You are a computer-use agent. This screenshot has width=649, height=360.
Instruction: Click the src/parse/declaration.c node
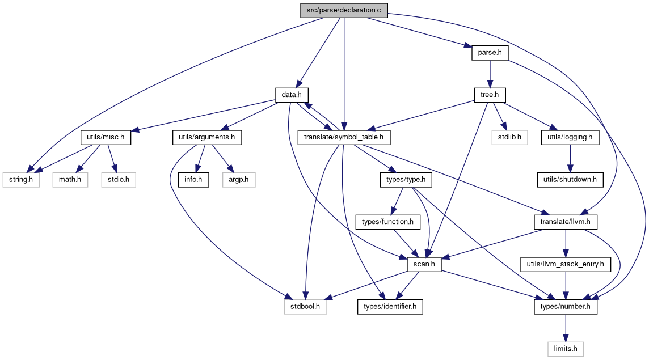(344, 10)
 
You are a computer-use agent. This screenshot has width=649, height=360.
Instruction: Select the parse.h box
(490, 53)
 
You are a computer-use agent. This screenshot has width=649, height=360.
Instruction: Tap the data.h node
(292, 95)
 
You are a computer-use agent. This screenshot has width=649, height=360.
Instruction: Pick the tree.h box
(490, 95)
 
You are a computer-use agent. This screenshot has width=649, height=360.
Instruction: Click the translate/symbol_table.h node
(344, 137)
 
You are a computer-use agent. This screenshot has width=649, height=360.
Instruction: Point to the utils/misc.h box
(106, 137)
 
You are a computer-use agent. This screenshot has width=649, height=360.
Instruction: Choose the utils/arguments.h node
(207, 137)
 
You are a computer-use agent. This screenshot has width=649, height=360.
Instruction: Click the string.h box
(21, 180)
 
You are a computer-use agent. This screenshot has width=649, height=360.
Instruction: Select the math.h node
(70, 180)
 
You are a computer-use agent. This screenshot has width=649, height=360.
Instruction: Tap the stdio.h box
(119, 180)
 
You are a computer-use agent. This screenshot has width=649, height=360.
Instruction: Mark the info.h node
(193, 180)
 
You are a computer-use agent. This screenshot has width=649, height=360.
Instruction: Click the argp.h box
(239, 180)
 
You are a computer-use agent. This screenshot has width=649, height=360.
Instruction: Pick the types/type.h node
(406, 180)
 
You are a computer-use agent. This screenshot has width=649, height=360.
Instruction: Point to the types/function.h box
(388, 222)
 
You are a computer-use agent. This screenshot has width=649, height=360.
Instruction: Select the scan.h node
(424, 264)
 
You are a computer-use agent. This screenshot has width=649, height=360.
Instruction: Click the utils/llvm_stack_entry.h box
(566, 264)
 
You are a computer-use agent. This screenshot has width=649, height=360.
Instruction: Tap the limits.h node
(566, 349)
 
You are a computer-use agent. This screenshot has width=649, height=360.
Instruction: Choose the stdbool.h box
(305, 307)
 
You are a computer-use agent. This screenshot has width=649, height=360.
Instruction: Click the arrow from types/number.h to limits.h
(566, 328)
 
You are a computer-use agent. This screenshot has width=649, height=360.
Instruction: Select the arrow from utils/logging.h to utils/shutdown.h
(570, 159)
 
